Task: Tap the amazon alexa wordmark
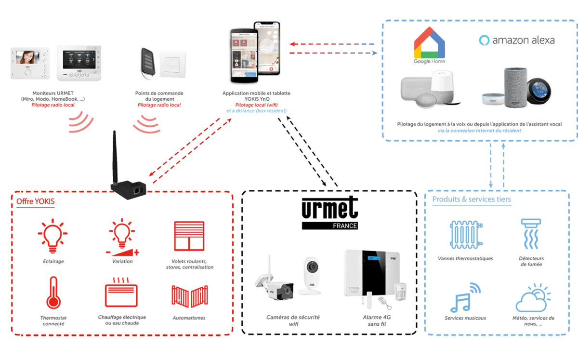[517, 40]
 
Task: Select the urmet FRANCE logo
[330, 213]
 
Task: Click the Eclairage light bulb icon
[53, 236]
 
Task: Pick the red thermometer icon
[53, 293]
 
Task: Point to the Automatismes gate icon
[190, 296]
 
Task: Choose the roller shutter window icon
[189, 236]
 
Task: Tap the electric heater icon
[121, 293]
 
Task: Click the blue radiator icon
[466, 235]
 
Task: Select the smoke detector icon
[531, 234]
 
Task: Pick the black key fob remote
[148, 63]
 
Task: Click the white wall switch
[172, 64]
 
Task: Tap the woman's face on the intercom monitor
[27, 57]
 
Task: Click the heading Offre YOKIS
[35, 201]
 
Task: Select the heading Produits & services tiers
[472, 200]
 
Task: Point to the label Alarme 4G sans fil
[377, 320]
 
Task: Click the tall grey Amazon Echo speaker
[515, 88]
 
